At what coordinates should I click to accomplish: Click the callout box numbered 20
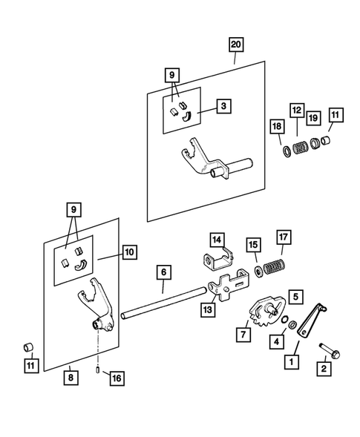[236, 45]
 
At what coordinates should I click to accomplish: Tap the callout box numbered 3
[223, 106]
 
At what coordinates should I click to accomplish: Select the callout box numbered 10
[129, 252]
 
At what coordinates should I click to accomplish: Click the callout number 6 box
[164, 272]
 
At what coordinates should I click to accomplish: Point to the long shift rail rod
[164, 303]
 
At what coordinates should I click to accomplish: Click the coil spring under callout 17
[275, 266]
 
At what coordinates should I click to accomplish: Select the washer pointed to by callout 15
[258, 272]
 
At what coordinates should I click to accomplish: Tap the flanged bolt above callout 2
[330, 351]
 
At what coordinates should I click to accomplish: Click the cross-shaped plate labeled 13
[229, 286]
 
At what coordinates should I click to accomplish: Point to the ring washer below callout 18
[287, 151]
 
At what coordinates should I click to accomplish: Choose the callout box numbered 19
[313, 118]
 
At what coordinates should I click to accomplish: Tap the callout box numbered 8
[71, 378]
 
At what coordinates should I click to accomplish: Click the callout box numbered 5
[296, 297]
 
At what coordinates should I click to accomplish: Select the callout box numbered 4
[277, 341]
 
